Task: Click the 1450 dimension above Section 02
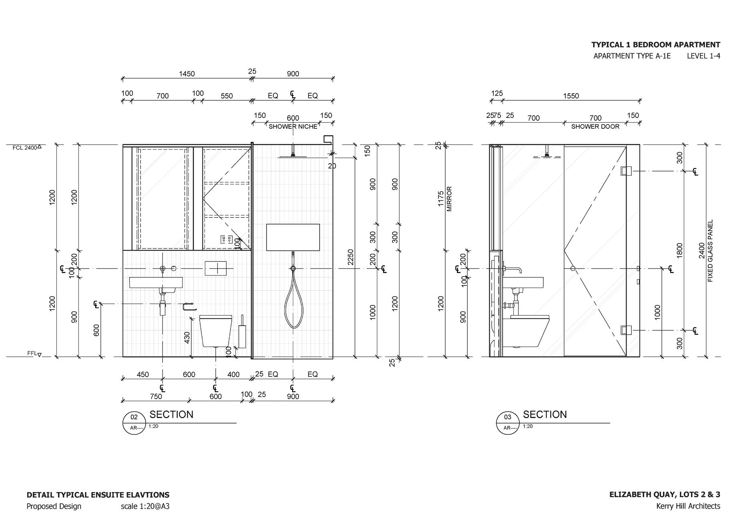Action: [x=186, y=74]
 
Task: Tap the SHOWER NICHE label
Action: [x=292, y=127]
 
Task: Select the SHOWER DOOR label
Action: [x=595, y=127]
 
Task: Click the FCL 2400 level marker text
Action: [x=25, y=148]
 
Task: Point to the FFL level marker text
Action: [x=32, y=353]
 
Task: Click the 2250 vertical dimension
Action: [x=350, y=257]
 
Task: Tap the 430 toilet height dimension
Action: [x=187, y=337]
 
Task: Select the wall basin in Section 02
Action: [x=156, y=282]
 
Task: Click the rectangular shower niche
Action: [x=293, y=237]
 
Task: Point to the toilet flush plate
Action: [x=216, y=268]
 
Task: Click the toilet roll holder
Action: [x=189, y=307]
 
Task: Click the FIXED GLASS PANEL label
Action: [x=711, y=251]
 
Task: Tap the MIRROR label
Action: [x=449, y=199]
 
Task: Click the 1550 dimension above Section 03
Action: [x=571, y=96]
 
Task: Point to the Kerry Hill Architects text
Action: [x=688, y=506]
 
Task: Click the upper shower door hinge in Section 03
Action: [x=626, y=171]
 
